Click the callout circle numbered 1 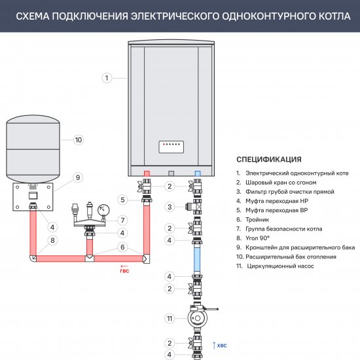(x=105, y=78)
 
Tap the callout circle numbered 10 (x=78, y=139)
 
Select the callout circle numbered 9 (x=77, y=177)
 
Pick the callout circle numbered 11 (x=170, y=319)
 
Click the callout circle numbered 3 (x=170, y=207)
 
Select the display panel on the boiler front (x=171, y=145)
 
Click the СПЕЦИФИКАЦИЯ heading (x=268, y=159)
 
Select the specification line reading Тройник (x=259, y=220)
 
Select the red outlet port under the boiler (x=147, y=174)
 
